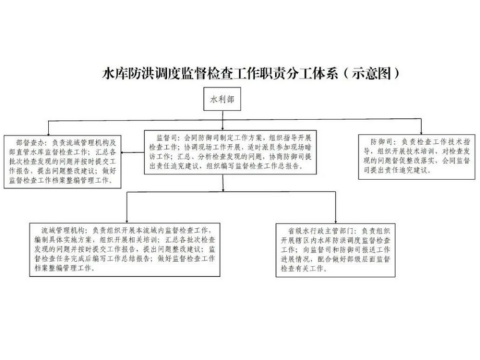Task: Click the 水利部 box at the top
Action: coord(222,99)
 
